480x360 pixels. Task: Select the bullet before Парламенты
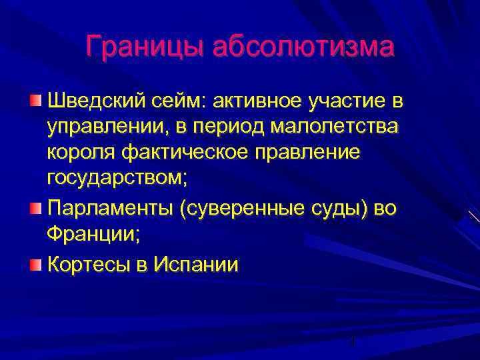[x=35, y=210]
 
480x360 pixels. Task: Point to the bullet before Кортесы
[x=35, y=265]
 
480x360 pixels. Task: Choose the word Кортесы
[x=89, y=265]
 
